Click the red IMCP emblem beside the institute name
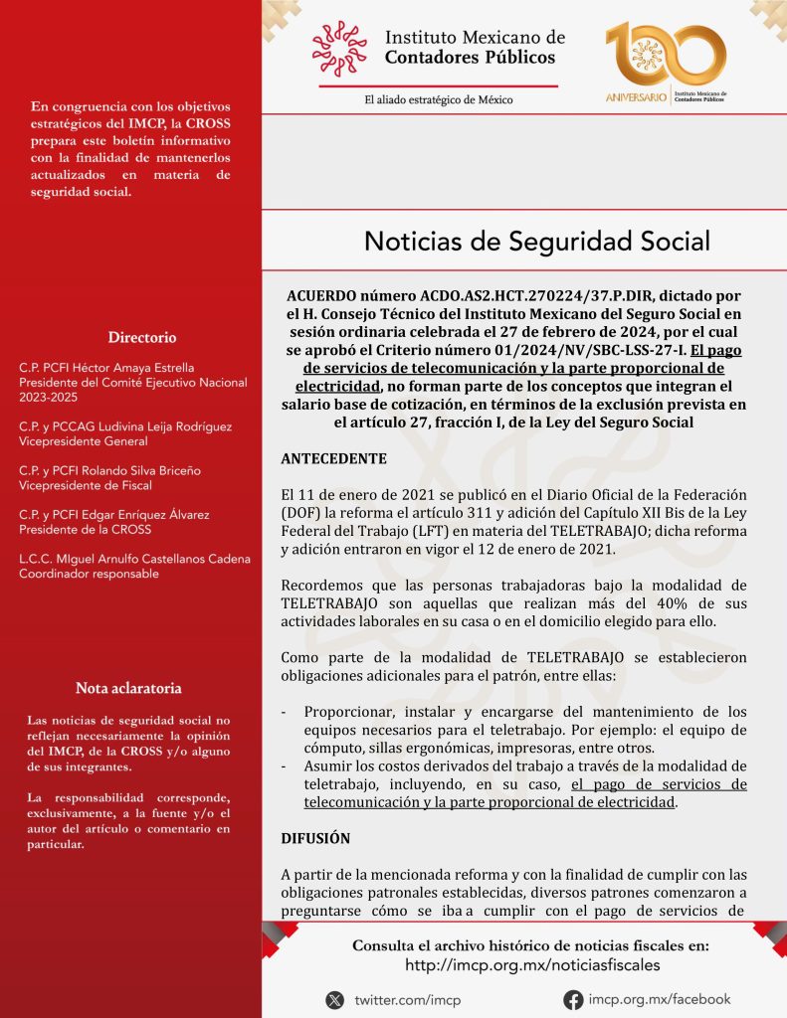(339, 49)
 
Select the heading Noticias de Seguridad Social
(537, 241)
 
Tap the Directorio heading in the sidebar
(142, 337)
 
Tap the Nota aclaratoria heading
(128, 688)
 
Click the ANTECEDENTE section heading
(333, 459)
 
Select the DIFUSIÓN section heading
(315, 838)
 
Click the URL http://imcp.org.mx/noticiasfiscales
(531, 965)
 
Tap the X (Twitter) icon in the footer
(334, 1000)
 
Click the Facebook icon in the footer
(573, 1000)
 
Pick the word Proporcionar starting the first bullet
(349, 711)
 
